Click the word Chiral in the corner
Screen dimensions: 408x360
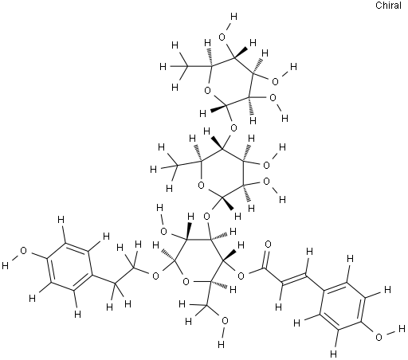pyautogui.click(x=388, y=6)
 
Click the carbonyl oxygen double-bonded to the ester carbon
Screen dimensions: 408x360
pyautogui.click(x=269, y=245)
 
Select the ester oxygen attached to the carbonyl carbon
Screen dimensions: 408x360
pyautogui.click(x=241, y=276)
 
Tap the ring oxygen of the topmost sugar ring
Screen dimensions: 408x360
pyautogui.click(x=208, y=91)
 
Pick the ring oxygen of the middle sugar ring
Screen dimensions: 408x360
pyautogui.click(x=201, y=185)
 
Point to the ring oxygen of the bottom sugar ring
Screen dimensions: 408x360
pyautogui.click(x=186, y=281)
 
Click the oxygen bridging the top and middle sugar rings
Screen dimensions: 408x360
pyautogui.click(x=233, y=128)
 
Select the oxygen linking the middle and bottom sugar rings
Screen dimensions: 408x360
pyautogui.click(x=206, y=216)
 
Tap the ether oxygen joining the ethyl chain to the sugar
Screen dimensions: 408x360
pyautogui.click(x=156, y=276)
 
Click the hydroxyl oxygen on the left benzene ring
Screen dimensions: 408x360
pyautogui.click(x=24, y=251)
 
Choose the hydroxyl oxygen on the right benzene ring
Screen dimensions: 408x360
pyautogui.click(x=379, y=338)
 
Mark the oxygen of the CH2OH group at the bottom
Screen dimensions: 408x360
pyautogui.click(x=225, y=321)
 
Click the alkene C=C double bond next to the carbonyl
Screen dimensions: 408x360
pyautogui.click(x=294, y=280)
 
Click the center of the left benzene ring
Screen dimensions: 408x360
pyautogui.click(x=70, y=266)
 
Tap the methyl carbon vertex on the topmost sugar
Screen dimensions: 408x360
pyautogui.click(x=187, y=66)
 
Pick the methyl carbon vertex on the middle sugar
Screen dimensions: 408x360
pyautogui.click(x=178, y=166)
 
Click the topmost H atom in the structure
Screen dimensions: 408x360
pyautogui.click(x=233, y=17)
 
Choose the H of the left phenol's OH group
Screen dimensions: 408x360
pyautogui.click(x=5, y=265)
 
